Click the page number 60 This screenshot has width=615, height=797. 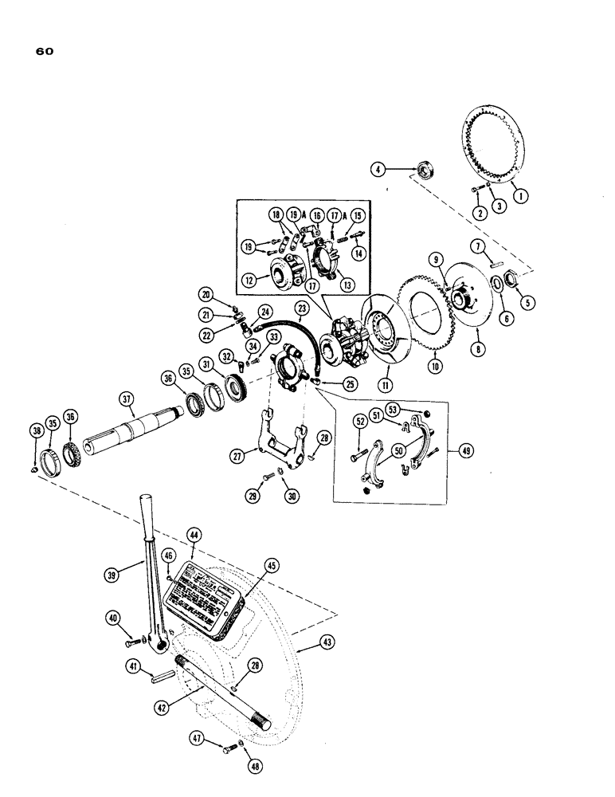pos(45,53)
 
